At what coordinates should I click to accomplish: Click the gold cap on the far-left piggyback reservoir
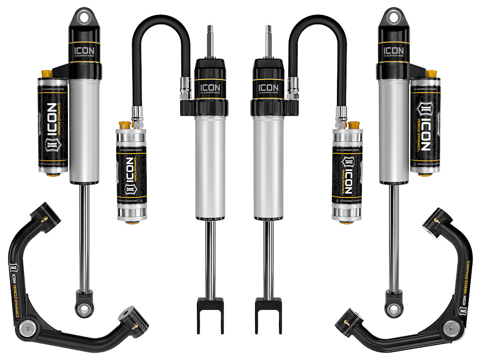[46, 74]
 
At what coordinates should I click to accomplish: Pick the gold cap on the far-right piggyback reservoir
[431, 74]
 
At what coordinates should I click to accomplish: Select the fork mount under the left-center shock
[210, 309]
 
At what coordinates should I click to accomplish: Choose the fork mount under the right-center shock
[268, 309]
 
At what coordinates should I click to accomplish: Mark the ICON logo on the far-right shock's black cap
[393, 50]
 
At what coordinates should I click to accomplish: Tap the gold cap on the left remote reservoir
[125, 126]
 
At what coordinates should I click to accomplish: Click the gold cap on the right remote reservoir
[354, 126]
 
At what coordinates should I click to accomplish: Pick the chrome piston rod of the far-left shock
[84, 234]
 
